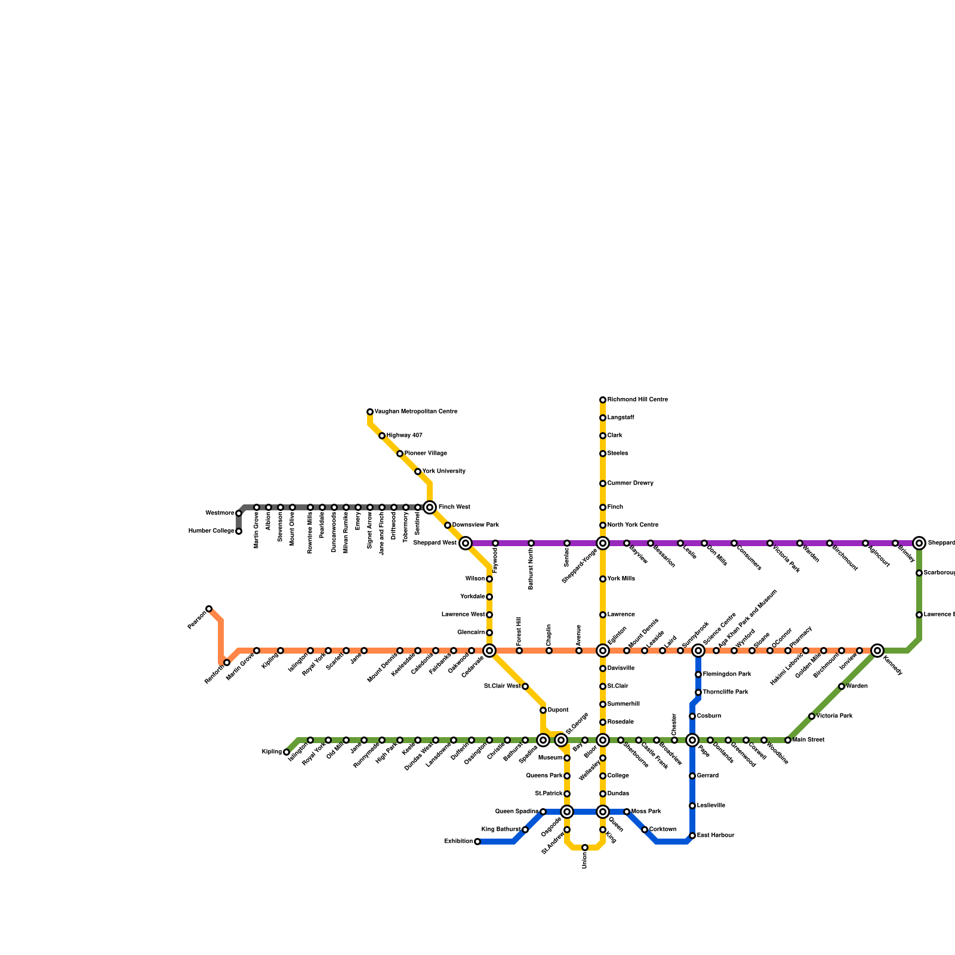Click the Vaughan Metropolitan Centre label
415,412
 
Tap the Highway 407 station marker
382,436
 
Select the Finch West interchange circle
430,507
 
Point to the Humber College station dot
239,531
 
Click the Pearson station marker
209,609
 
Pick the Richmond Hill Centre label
637,400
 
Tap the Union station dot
585,848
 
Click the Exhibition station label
458,842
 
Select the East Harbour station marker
692,836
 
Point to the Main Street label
809,740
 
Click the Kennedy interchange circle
877,651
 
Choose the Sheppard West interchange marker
466,543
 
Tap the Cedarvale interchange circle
489,651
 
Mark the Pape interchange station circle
692,740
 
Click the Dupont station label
558,710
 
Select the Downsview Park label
476,525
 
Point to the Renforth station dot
227,663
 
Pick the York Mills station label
621,579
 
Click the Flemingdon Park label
727,674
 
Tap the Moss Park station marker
627,812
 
